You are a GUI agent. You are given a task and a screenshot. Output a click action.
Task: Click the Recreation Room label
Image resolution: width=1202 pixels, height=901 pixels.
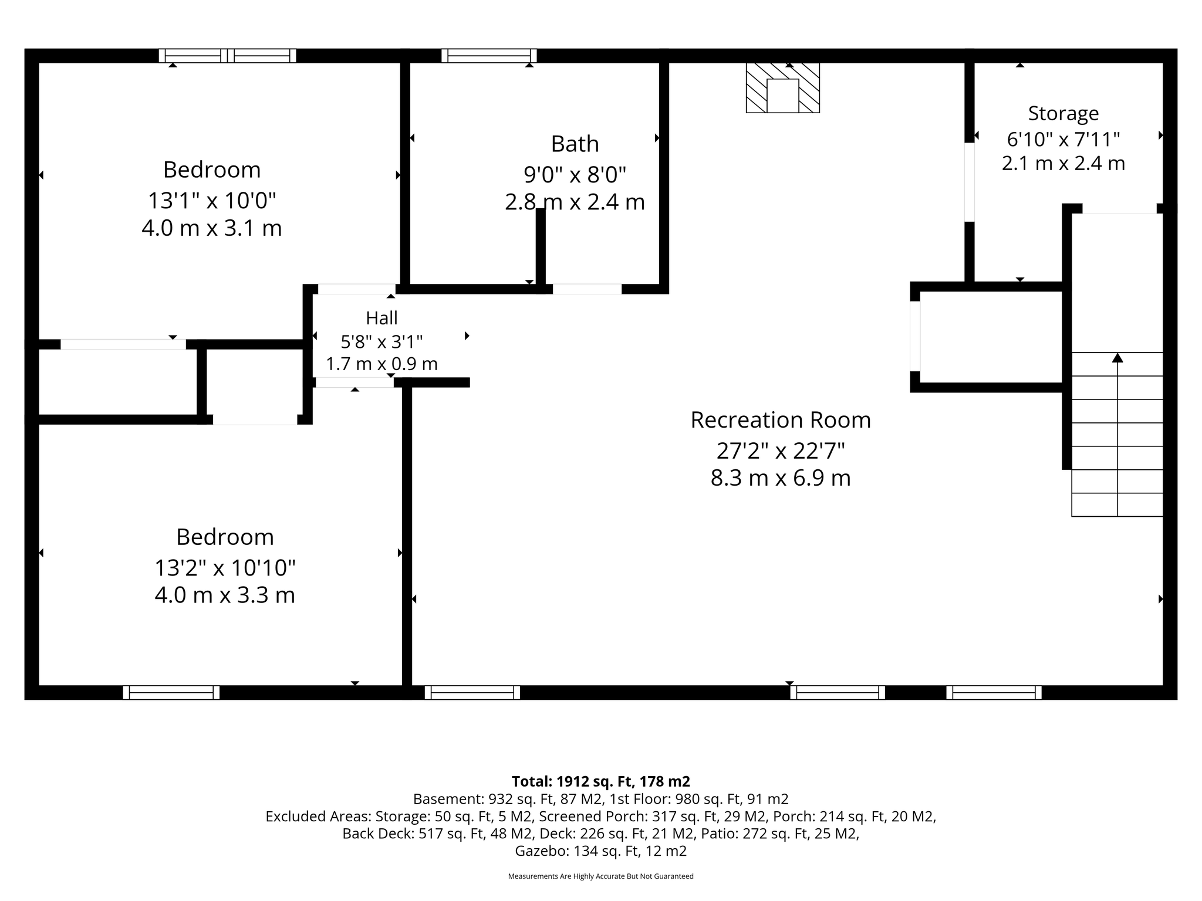[x=781, y=420]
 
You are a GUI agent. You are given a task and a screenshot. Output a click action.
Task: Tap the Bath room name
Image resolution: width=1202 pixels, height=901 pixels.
[x=575, y=144]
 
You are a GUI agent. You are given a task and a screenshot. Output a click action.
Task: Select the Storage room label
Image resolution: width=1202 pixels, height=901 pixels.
[x=1063, y=114]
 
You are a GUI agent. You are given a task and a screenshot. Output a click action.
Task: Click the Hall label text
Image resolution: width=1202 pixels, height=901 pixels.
[x=381, y=318]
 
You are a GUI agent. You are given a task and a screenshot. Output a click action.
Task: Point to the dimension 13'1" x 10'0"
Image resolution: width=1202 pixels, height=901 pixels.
[x=212, y=201]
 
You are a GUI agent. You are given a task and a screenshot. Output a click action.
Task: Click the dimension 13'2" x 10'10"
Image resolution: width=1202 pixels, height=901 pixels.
[x=225, y=568]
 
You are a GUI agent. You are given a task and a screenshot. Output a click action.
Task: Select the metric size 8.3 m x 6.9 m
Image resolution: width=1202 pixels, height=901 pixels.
[x=781, y=478]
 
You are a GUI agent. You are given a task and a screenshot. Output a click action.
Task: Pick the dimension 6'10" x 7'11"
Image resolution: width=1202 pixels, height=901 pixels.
[x=1063, y=139]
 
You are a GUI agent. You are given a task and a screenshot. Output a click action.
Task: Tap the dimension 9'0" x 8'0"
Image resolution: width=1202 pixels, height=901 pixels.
[x=575, y=174]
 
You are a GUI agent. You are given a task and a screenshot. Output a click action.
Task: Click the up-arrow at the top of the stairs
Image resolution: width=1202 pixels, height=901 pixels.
[x=1117, y=357]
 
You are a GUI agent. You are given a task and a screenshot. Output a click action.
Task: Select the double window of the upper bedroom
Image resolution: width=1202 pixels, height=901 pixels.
[x=228, y=56]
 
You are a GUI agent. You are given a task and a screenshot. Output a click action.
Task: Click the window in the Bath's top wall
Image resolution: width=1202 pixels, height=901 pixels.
[x=489, y=56]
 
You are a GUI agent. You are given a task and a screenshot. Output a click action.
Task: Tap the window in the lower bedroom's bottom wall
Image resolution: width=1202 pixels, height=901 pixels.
[x=171, y=693]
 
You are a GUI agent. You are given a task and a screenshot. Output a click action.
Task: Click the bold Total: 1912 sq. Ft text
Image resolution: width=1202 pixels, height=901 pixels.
[x=601, y=781]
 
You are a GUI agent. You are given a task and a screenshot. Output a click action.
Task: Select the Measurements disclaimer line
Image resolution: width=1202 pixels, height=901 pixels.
[x=601, y=876]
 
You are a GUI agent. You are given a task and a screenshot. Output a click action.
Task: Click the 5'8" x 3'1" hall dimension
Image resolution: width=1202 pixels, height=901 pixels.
[x=381, y=341]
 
